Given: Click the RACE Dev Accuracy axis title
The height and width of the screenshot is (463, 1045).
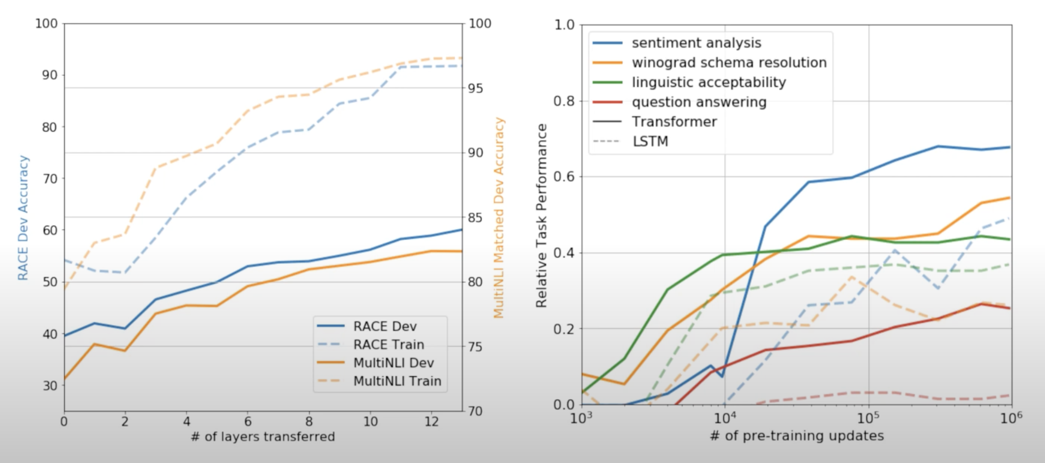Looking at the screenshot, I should coord(23,218).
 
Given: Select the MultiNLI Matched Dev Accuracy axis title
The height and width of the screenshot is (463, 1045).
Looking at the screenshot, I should coord(499,218).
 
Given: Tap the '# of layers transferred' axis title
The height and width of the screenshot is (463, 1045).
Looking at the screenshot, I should coord(263,436).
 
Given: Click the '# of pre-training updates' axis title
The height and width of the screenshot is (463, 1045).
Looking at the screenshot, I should coord(797,436).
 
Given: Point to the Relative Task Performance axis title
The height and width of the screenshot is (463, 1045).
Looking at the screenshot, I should coord(541,216).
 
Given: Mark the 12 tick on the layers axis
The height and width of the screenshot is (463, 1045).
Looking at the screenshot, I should coord(431,422).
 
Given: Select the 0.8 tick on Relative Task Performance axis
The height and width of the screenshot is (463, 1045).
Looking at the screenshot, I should coord(564,101).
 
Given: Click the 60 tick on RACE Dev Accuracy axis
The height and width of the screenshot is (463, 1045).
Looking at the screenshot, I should coord(50,230).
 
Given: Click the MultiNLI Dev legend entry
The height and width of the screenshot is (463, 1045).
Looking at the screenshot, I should coord(394,362).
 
